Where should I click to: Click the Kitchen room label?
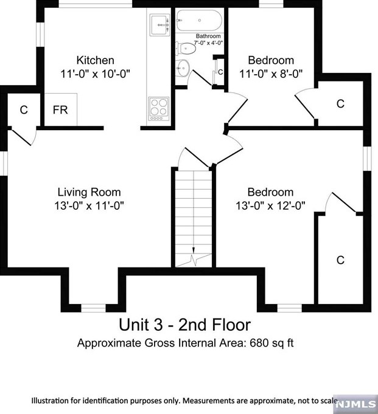(95, 60)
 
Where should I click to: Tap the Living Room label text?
(89, 192)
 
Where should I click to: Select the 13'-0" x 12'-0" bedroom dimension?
(270, 205)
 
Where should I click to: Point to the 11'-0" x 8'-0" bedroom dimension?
(271, 74)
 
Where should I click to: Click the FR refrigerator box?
(61, 109)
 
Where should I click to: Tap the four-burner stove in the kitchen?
(159, 109)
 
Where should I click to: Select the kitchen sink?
(159, 25)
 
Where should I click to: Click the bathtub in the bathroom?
(199, 20)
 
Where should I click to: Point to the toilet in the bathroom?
(186, 49)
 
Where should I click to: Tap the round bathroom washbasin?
(183, 68)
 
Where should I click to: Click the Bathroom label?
(208, 36)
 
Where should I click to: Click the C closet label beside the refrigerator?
(24, 109)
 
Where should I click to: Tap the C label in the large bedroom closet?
(340, 260)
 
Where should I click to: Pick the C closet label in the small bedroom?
(340, 104)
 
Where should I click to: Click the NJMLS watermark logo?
(357, 404)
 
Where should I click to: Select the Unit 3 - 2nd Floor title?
(185, 325)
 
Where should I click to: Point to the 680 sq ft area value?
(271, 343)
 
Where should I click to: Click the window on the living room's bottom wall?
(93, 308)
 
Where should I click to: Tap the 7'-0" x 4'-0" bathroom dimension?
(209, 43)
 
